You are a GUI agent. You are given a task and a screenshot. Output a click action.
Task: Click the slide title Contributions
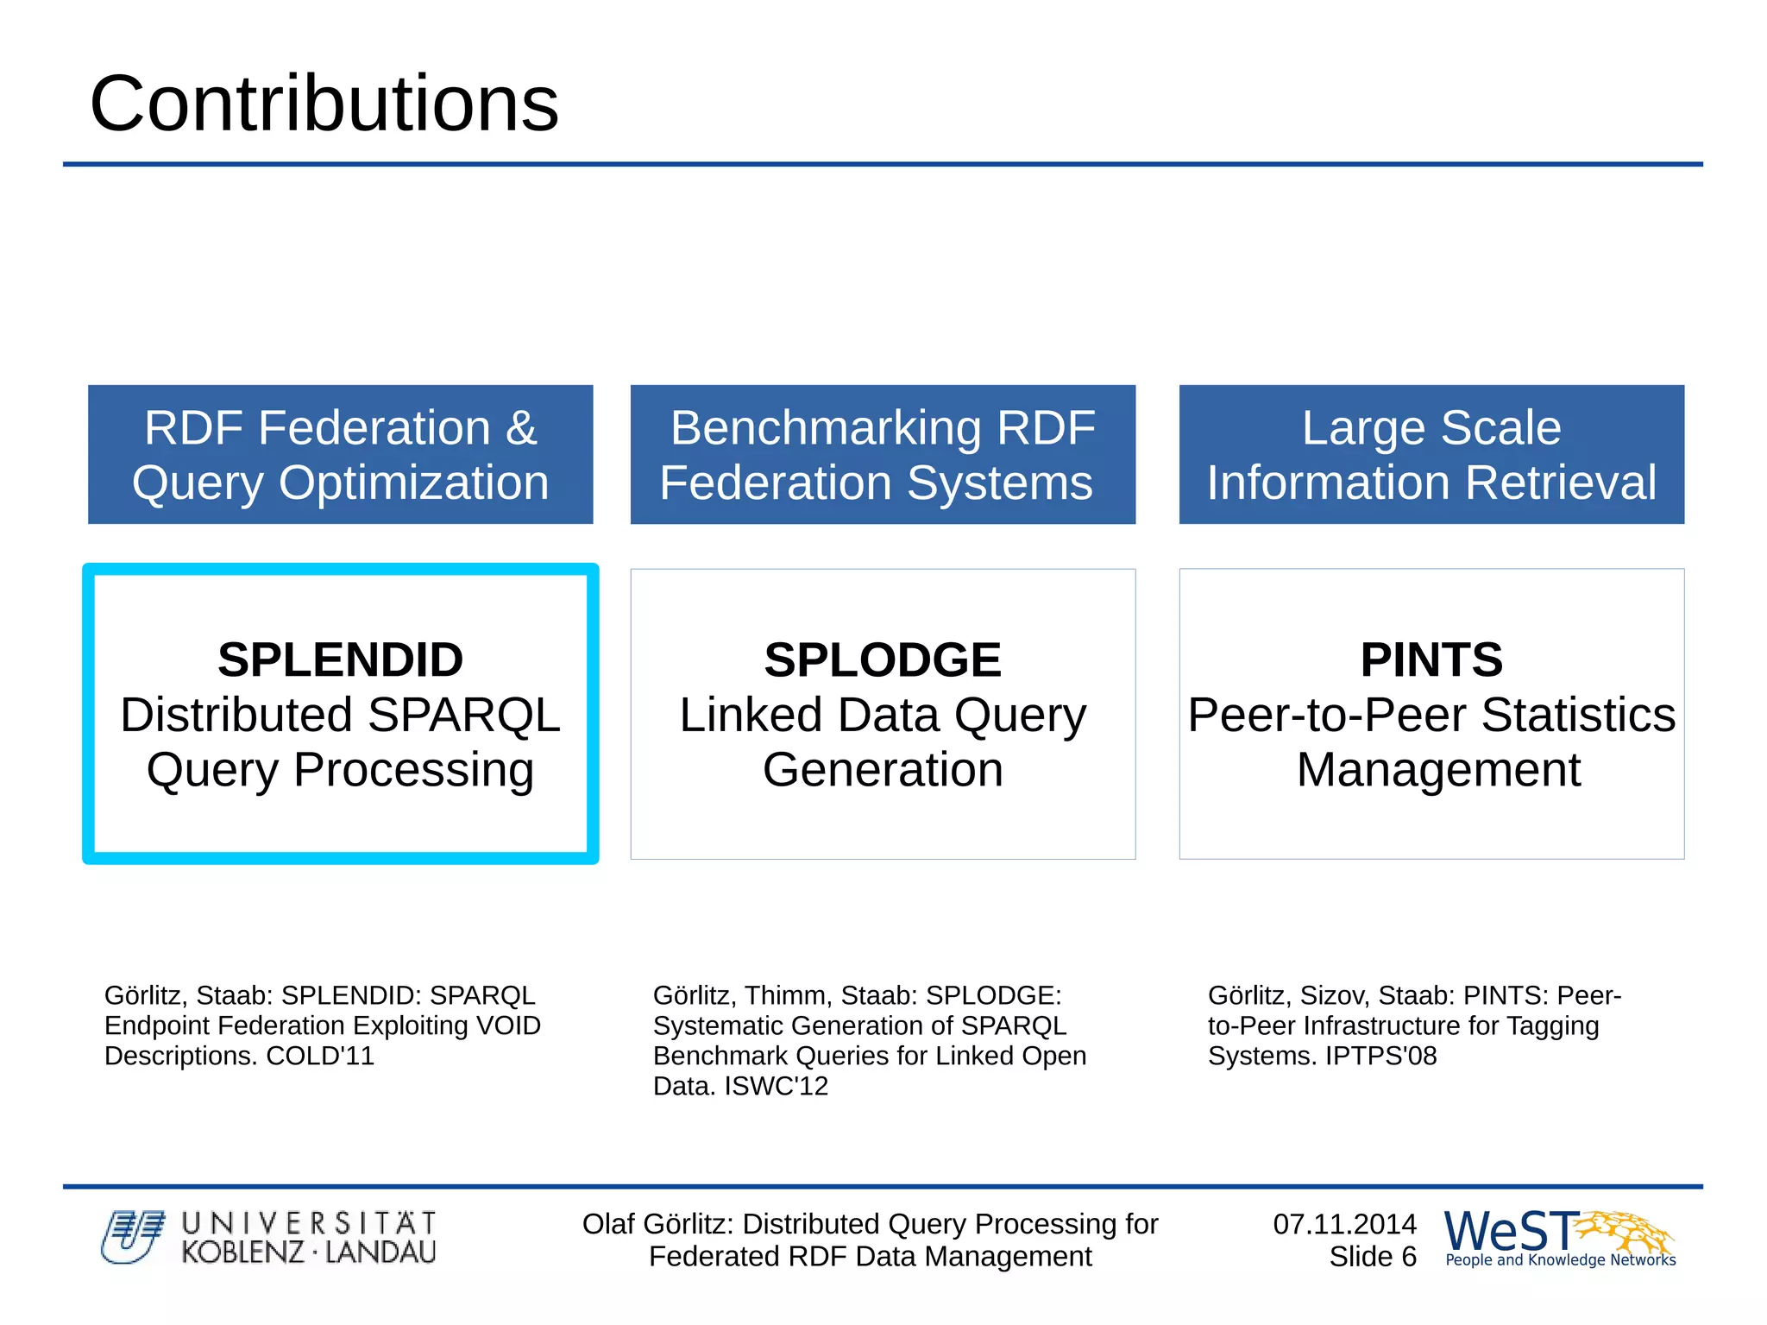click(324, 104)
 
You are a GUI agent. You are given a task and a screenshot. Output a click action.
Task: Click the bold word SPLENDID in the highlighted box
click(340, 660)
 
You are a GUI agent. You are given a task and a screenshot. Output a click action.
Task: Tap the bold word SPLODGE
click(882, 660)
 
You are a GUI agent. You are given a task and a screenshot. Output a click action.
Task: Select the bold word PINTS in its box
click(1431, 660)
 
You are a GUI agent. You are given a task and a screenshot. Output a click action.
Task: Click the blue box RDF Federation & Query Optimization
click(340, 454)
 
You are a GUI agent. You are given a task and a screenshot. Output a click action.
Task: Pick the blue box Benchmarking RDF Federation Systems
click(882, 454)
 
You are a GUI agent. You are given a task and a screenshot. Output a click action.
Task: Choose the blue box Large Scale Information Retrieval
click(1431, 454)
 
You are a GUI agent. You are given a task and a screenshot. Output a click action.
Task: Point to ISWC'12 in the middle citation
click(776, 1086)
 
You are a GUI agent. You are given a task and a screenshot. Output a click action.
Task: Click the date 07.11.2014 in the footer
click(1344, 1224)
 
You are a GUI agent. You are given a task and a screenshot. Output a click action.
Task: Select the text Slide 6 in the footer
click(1372, 1257)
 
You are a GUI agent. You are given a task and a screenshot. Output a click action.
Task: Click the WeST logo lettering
click(1510, 1231)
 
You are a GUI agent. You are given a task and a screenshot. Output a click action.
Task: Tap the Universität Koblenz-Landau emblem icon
click(131, 1237)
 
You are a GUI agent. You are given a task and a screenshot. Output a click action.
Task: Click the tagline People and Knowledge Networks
click(1560, 1260)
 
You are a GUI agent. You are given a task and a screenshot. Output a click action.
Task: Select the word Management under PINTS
click(1438, 770)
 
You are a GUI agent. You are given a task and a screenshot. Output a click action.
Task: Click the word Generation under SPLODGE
click(882, 770)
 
